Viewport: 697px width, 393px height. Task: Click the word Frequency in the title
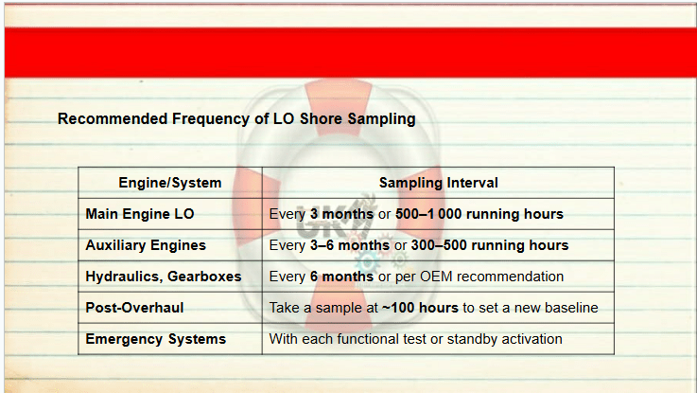pyautogui.click(x=214, y=119)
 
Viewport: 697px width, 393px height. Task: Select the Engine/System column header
pyautogui.click(x=170, y=183)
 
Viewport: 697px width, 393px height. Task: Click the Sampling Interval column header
pyautogui.click(x=438, y=183)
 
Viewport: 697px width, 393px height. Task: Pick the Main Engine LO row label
pyautogui.click(x=140, y=214)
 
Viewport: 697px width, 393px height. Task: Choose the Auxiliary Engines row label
pyautogui.click(x=146, y=245)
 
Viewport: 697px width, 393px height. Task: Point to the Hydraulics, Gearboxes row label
pyautogui.click(x=164, y=277)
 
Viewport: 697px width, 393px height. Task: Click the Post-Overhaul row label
pyautogui.click(x=134, y=308)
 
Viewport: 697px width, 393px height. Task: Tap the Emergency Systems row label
pyautogui.click(x=156, y=339)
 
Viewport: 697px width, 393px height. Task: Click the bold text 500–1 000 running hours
pyautogui.click(x=479, y=214)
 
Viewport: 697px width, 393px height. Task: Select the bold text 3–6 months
pyautogui.click(x=350, y=245)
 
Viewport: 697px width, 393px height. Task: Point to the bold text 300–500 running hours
pyautogui.click(x=490, y=245)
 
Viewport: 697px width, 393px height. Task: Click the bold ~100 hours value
pyautogui.click(x=420, y=308)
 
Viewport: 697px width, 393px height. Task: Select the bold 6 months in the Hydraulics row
pyautogui.click(x=341, y=277)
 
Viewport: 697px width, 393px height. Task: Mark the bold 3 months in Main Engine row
pyautogui.click(x=341, y=214)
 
